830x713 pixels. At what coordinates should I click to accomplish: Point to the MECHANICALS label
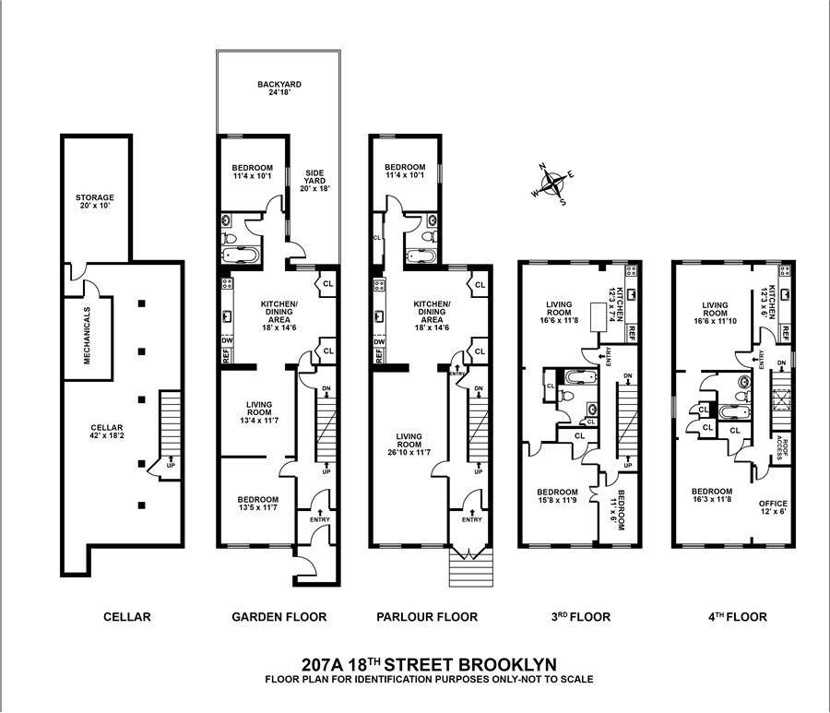88,336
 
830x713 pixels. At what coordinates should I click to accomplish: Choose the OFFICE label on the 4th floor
773,504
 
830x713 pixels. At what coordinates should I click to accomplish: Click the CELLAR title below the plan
127,617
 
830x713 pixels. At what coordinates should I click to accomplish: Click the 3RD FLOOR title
577,617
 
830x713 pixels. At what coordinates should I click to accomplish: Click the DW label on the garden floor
227,341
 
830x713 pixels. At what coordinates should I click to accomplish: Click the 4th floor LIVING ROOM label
716,310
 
